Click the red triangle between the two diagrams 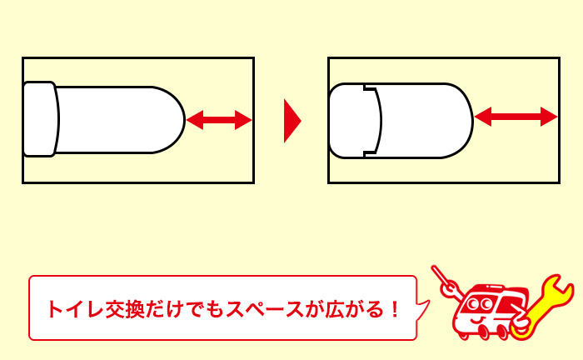(291, 121)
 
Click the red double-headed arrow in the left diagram (218, 121)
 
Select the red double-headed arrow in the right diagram (515, 117)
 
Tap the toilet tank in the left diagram (39, 119)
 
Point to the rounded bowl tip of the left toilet (177, 120)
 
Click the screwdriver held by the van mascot (442, 283)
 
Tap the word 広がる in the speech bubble (352, 309)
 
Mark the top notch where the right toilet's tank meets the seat (366, 87)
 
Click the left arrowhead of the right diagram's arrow (481, 117)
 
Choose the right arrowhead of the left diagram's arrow (244, 121)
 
